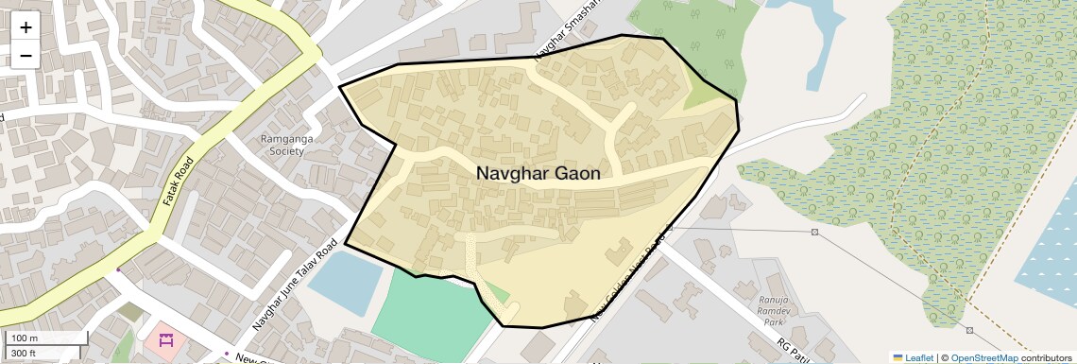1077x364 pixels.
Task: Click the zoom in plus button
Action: coord(26,27)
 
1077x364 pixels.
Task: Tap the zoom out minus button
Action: coord(26,55)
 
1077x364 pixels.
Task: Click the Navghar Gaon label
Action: coord(538,174)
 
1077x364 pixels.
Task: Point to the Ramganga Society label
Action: coord(287,145)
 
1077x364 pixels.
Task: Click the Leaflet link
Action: coord(918,357)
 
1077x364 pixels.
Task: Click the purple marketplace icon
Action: coord(166,339)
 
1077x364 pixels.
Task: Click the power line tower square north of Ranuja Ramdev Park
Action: coord(813,233)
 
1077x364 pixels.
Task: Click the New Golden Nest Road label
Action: coord(629,274)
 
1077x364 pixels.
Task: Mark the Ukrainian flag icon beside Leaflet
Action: coord(897,357)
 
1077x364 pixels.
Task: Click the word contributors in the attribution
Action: coord(1046,357)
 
